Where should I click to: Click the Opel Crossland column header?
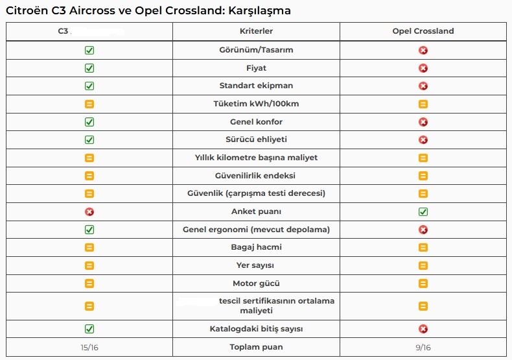pos(423,31)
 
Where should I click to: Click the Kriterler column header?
pos(256,31)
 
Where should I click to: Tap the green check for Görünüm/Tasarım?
pos(89,50)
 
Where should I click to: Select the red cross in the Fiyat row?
pos(423,68)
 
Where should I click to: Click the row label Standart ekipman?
pos(256,86)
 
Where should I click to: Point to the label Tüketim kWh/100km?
pos(256,104)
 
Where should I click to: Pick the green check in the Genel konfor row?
pos(89,122)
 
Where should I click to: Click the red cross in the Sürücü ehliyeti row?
pos(423,139)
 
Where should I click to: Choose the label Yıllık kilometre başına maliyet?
pos(256,158)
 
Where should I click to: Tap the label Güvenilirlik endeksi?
pos(256,176)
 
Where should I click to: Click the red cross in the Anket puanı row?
pos(89,211)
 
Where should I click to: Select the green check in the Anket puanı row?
pos(423,211)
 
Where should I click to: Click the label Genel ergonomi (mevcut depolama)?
pos(256,230)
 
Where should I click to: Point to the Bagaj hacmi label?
pos(256,247)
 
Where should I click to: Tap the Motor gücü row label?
pos(256,283)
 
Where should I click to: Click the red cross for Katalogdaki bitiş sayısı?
pos(423,329)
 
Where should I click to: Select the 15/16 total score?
pos(89,348)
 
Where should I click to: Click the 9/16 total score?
pos(423,348)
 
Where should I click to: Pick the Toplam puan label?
pos(256,347)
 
